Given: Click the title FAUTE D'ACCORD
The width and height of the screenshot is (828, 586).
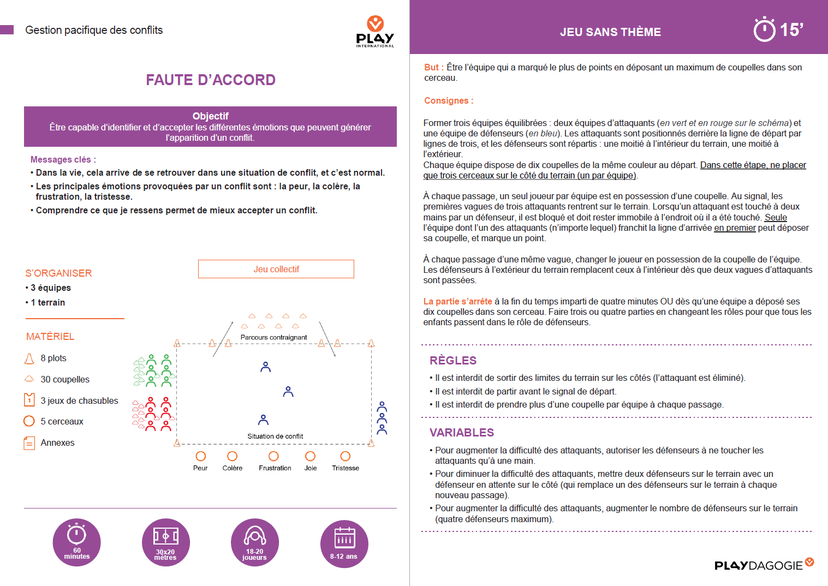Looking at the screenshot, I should (211, 80).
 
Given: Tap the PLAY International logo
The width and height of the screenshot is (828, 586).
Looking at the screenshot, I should (375, 32).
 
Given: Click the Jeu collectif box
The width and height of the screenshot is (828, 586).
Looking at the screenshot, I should (276, 269).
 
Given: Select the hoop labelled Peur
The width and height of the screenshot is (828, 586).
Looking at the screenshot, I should (201, 456).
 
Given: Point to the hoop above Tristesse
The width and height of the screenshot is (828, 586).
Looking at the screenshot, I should (346, 456).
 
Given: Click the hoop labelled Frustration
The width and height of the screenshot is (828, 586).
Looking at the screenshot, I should (273, 456).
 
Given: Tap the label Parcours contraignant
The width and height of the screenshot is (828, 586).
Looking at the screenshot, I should (273, 337).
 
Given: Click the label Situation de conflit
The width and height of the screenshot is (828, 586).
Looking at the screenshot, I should (275, 436).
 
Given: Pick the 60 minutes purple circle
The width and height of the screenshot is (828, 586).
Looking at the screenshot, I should (77, 542).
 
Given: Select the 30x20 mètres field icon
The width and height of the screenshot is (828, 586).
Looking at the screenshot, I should (165, 542).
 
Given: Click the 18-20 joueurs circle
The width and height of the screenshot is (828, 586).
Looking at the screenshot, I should (255, 542).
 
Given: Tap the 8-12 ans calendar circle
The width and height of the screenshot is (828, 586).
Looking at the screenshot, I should (344, 542).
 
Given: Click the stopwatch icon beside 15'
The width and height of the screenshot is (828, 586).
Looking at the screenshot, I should (764, 29).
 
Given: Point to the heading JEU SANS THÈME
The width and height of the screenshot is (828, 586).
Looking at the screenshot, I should (610, 32).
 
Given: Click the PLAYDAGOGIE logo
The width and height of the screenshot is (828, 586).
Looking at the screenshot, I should (764, 565).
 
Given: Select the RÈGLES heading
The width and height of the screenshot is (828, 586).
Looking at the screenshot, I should (453, 361).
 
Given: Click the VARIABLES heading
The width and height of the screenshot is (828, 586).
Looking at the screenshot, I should (462, 433).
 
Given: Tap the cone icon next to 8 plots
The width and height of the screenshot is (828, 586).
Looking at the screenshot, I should (29, 358).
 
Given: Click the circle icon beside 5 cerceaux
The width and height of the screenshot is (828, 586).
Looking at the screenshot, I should (29, 421).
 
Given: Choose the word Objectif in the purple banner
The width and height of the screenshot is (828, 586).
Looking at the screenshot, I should (210, 116).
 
